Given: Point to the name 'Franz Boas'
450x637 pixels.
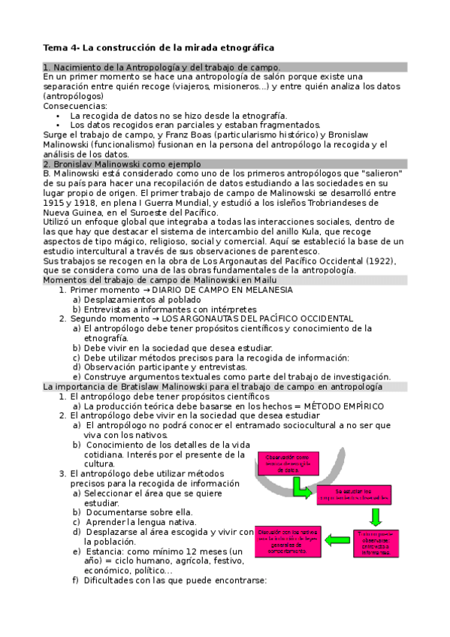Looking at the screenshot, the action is (170, 134).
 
